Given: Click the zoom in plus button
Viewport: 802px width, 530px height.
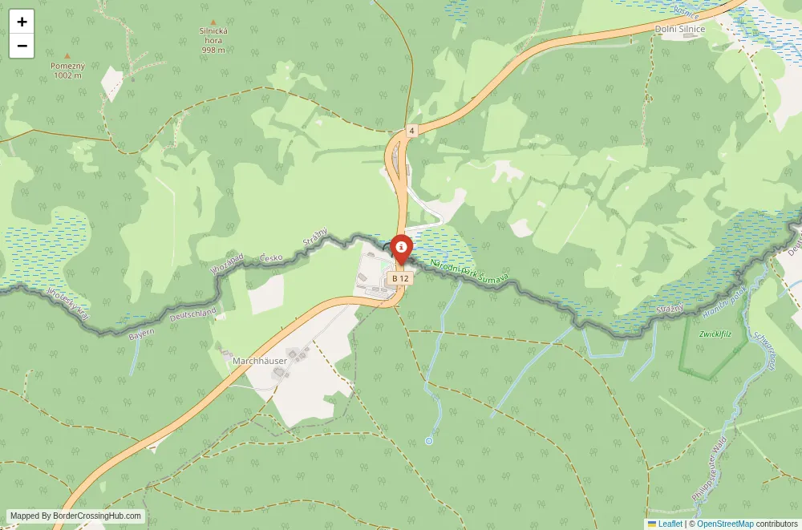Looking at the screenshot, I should [x=22, y=22].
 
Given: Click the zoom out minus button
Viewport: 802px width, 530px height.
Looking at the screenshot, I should [x=22, y=46].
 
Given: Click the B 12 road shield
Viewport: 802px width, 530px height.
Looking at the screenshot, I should [x=400, y=278].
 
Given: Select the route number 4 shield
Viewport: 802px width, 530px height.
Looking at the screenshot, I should [x=411, y=130].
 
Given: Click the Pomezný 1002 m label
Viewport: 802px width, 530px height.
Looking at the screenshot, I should [x=67, y=71].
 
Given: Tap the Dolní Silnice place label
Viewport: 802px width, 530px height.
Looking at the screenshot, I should [x=680, y=29].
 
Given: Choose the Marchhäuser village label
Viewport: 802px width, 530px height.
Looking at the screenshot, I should [x=260, y=361].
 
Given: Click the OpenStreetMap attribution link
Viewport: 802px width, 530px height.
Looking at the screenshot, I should [x=725, y=524].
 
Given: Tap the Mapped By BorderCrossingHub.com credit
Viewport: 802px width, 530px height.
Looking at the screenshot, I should [x=76, y=516].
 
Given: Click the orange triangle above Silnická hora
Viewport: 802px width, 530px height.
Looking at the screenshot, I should [x=213, y=22].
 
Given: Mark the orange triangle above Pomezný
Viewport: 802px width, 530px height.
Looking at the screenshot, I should [x=67, y=55].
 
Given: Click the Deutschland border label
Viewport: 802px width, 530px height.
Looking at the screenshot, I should [x=192, y=314].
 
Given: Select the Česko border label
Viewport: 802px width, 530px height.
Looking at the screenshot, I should [x=272, y=258].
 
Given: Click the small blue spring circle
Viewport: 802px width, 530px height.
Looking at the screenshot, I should [x=429, y=440].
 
